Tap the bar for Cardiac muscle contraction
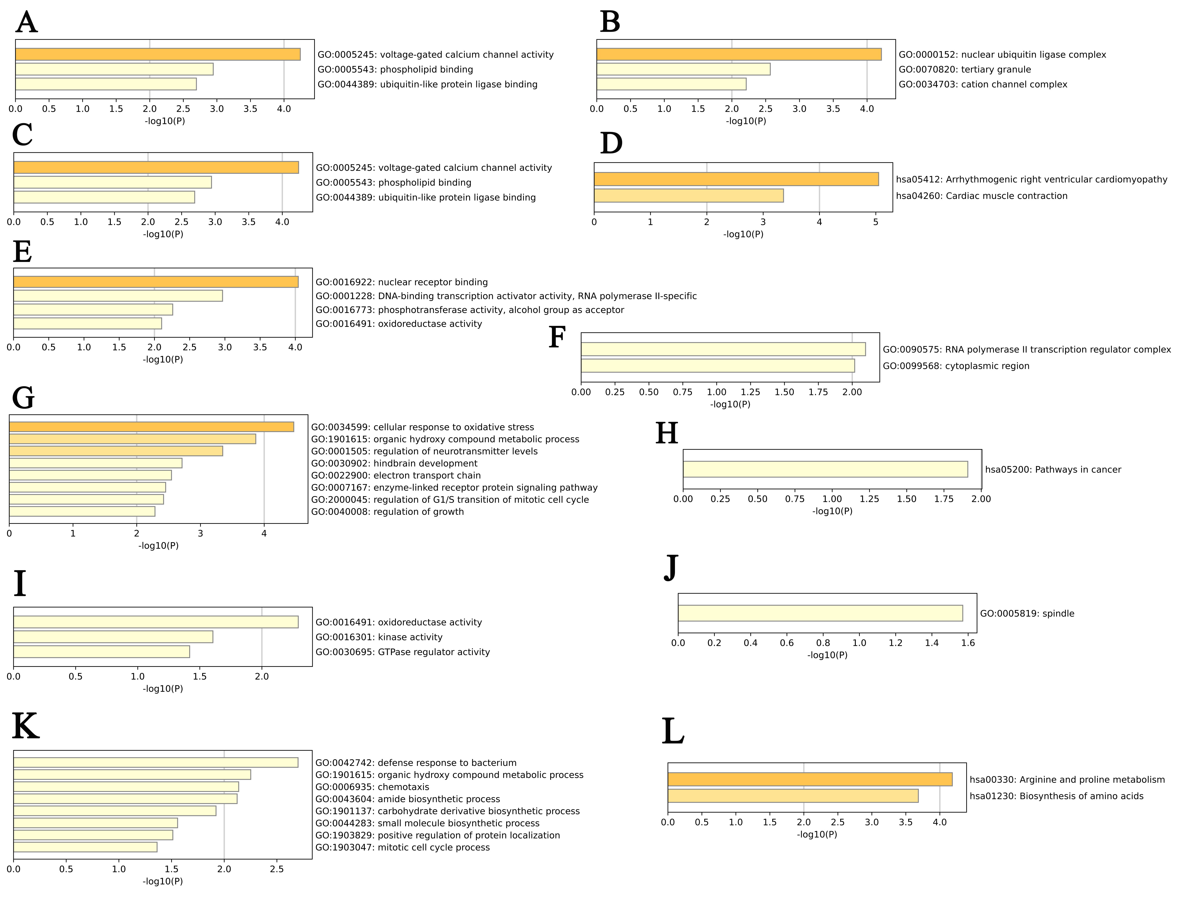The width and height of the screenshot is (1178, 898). pos(688,196)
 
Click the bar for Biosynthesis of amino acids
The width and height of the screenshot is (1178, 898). pos(792,796)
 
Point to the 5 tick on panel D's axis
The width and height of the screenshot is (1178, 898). pos(875,222)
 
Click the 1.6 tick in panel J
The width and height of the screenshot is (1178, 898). pos(968,643)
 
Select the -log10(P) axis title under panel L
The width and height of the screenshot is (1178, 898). pos(817,834)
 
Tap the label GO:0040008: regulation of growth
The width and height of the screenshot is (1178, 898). pos(387,512)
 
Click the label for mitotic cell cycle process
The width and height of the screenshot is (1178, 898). pos(402,847)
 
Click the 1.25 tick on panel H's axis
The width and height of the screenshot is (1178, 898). pos(869,499)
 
